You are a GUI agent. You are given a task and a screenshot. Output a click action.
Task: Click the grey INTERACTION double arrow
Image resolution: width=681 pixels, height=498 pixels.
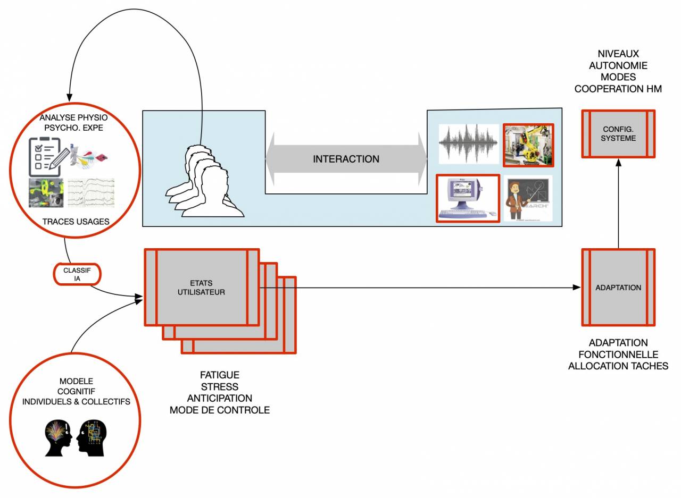coord(346,159)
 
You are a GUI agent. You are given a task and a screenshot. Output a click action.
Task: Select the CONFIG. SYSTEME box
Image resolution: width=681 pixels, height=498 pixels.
coord(618,134)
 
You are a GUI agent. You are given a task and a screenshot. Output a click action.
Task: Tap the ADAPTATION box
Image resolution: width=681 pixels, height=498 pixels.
coord(618,288)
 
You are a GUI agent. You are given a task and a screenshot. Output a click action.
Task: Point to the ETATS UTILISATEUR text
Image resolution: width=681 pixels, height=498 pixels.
coord(201,288)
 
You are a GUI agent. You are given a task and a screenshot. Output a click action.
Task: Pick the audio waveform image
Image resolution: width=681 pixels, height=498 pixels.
coord(468,145)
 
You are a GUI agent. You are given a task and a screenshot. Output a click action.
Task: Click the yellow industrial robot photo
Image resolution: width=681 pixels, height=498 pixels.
coord(528,145)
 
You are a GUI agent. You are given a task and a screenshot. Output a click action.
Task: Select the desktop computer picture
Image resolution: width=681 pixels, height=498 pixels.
coord(467,198)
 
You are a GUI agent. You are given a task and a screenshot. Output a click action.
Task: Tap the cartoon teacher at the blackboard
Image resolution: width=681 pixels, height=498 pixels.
coord(527,198)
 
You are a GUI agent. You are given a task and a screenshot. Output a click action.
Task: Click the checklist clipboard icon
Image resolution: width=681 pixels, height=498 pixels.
coord(46,157)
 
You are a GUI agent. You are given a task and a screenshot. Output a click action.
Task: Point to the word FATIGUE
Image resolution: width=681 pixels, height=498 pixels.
coord(219,375)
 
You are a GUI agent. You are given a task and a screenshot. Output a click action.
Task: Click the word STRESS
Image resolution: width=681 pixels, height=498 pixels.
coord(219,386)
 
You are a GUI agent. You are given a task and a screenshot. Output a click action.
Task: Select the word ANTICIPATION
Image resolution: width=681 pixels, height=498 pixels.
coord(219,398)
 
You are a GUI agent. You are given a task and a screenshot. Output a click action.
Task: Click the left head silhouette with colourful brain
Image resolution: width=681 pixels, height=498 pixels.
coord(58,436)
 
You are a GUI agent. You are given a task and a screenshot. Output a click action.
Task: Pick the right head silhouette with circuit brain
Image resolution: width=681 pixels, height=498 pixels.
coord(92,436)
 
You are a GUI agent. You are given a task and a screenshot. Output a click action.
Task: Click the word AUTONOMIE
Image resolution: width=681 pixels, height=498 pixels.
coord(618,65)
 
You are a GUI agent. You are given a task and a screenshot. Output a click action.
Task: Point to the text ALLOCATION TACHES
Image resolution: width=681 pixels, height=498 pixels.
coord(618,366)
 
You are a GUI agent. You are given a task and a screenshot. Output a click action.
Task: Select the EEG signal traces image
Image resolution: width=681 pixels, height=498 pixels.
coord(91,193)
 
